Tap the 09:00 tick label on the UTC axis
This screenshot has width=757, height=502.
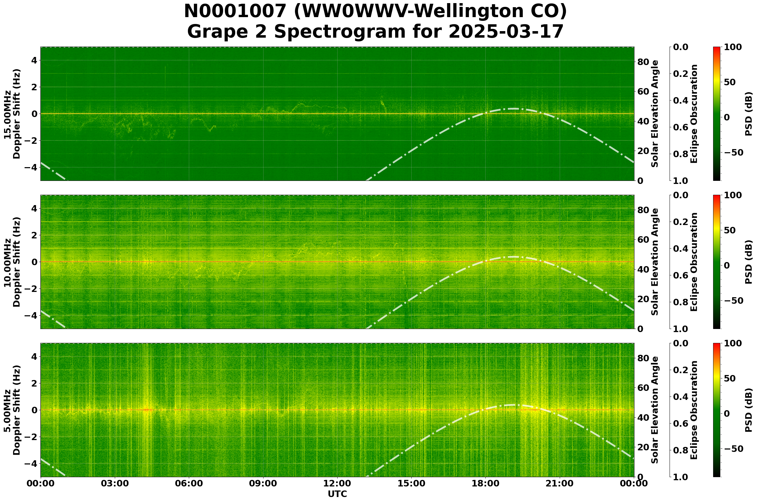coord(263,483)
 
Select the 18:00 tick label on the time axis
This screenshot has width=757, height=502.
coord(485,483)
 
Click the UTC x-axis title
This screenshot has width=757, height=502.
coord(337,494)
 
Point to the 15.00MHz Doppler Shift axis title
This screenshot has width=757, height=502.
coord(12,114)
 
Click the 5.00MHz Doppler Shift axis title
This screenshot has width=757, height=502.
coord(12,410)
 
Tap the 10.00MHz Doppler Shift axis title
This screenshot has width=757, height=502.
coord(12,262)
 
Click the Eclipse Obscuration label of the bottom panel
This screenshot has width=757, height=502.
coord(694,410)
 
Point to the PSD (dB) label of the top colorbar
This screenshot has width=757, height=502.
coord(748,114)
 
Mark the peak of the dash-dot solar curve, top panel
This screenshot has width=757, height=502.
coord(513,109)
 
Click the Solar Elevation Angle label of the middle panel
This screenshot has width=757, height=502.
coord(655,262)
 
